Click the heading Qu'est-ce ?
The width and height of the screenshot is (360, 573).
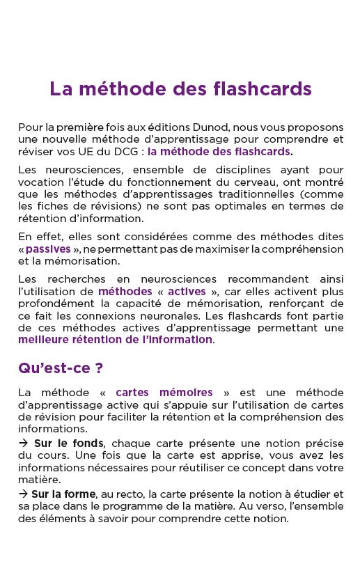click(x=61, y=368)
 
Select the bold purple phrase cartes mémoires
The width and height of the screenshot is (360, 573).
click(x=164, y=393)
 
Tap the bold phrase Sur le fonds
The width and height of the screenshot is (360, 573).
click(x=69, y=443)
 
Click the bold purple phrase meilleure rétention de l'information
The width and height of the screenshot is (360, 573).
click(x=116, y=340)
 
